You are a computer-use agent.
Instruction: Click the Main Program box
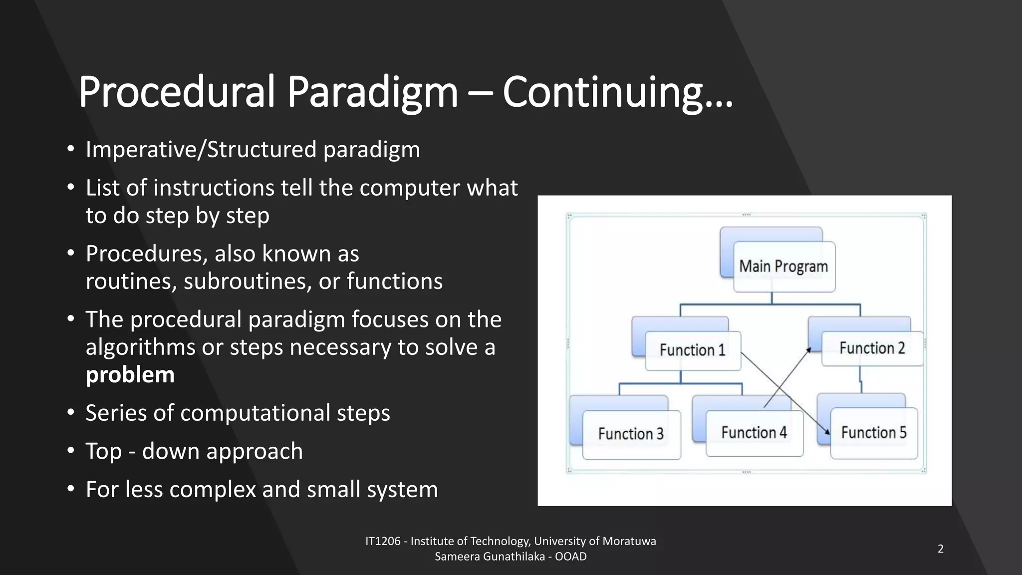pyautogui.click(x=783, y=267)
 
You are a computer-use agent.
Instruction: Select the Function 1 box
pyautogui.click(x=693, y=350)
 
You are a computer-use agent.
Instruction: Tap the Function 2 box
pyautogui.click(x=872, y=348)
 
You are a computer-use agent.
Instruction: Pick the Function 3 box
pyautogui.click(x=631, y=434)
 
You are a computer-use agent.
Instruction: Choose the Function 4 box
pyautogui.click(x=754, y=432)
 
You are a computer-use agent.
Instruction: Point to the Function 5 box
pyautogui.click(x=874, y=432)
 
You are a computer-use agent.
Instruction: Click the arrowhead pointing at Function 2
pyautogui.click(x=809, y=350)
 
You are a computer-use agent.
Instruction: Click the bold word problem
pyautogui.click(x=130, y=375)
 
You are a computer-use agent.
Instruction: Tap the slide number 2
pyautogui.click(x=941, y=549)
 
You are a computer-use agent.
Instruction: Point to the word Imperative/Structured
pyautogui.click(x=201, y=150)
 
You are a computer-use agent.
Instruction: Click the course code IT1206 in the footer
pyautogui.click(x=383, y=542)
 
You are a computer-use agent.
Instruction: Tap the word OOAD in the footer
pyautogui.click(x=571, y=557)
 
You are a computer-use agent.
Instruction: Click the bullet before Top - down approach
pyautogui.click(x=71, y=451)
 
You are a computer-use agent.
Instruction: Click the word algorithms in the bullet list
pyautogui.click(x=140, y=347)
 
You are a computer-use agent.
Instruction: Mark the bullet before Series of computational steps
pyautogui.click(x=71, y=413)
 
